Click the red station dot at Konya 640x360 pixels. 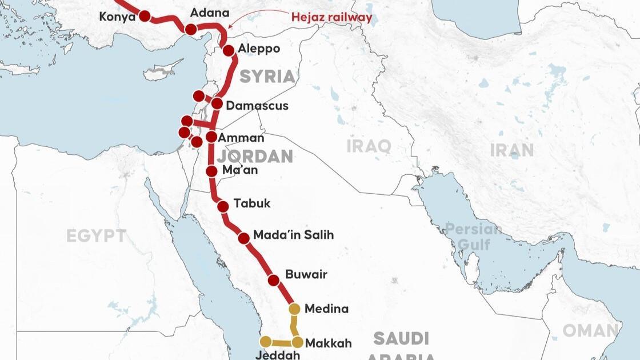[x=145, y=17]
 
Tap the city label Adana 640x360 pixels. [x=209, y=13]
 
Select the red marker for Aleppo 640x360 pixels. [x=229, y=50]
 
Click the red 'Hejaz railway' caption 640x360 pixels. [x=331, y=17]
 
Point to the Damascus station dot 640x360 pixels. [x=217, y=103]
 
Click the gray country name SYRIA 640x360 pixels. [x=267, y=77]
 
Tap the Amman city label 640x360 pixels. [x=241, y=138]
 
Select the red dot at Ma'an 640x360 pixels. [x=211, y=171]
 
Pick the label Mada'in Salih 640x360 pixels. [x=293, y=235]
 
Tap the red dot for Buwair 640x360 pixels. [x=274, y=280]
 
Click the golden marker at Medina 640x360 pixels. [x=294, y=309]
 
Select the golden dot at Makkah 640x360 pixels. [x=298, y=342]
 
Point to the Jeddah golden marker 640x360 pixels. [x=266, y=342]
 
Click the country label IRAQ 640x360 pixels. [x=369, y=146]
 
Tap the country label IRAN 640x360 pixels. [x=511, y=150]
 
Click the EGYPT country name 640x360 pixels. [x=96, y=236]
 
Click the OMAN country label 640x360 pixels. [x=590, y=331]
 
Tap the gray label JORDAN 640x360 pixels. [x=255, y=157]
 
